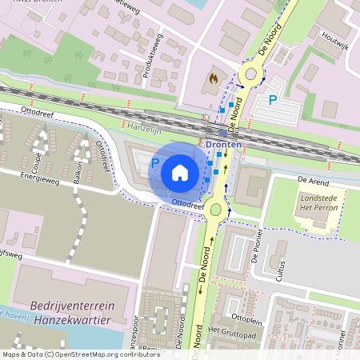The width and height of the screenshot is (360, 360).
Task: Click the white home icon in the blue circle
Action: (180, 172)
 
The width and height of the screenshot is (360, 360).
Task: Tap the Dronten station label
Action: (223, 143)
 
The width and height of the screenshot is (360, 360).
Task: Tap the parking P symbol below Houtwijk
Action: (272, 100)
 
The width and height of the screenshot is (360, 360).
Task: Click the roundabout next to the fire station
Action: (253, 76)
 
